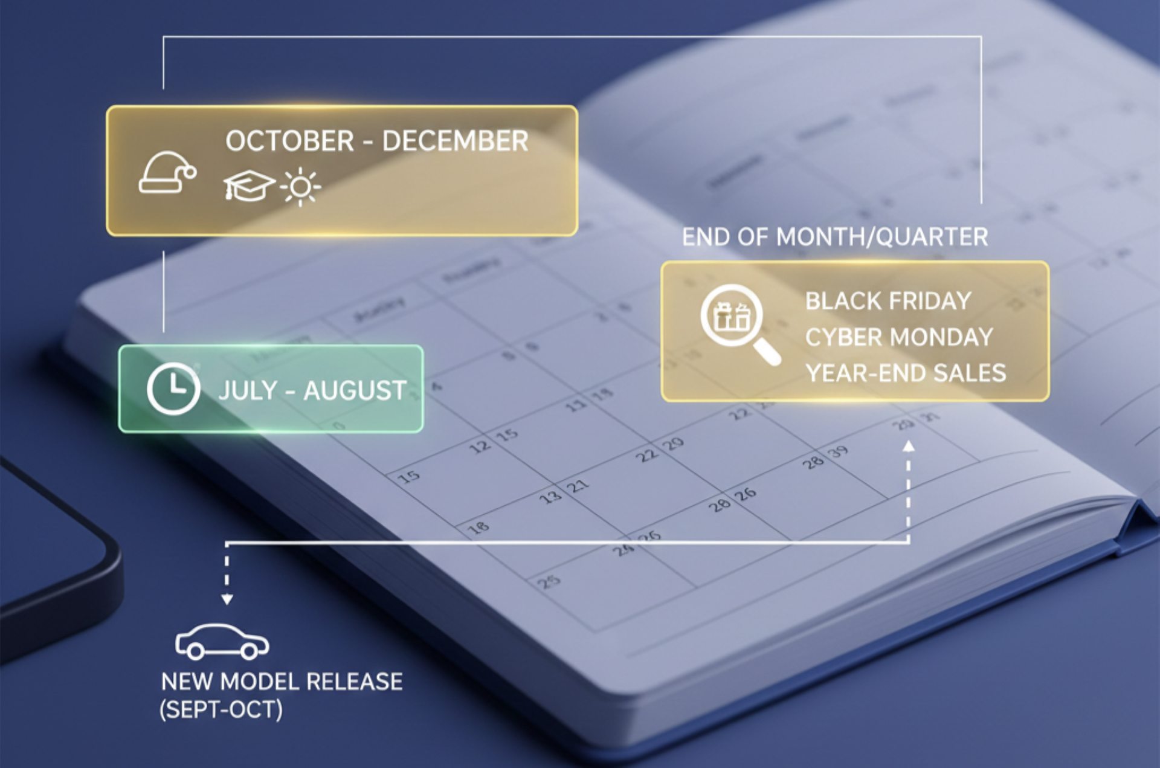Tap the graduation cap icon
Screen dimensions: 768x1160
click(248, 186)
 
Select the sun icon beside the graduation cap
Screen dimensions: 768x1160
click(300, 187)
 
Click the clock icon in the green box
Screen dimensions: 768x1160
click(173, 389)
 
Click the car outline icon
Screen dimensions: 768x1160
click(222, 642)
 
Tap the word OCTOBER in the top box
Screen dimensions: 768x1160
click(289, 141)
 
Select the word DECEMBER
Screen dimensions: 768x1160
click(455, 141)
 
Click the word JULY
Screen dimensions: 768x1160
click(248, 391)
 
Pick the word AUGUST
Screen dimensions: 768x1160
click(355, 391)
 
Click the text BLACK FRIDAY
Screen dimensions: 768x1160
click(888, 301)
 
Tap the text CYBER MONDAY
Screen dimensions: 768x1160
click(898, 337)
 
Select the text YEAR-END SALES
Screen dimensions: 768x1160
click(906, 373)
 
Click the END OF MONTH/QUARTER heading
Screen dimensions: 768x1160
click(834, 237)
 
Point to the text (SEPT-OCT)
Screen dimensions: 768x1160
click(221, 709)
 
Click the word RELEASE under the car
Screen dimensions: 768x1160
click(354, 682)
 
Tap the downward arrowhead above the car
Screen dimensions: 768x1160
click(227, 599)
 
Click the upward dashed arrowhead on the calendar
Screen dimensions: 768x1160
click(908, 447)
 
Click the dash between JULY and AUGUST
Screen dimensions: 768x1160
click(290, 392)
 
